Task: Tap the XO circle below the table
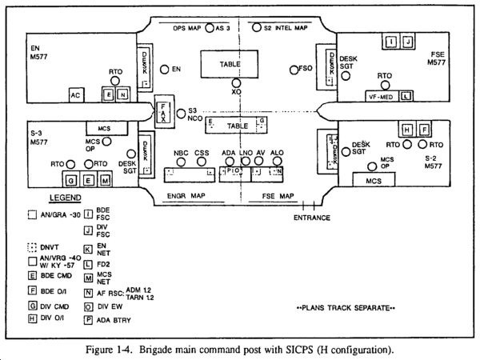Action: pyautogui.click(x=236, y=82)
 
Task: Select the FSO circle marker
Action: pyautogui.click(x=293, y=70)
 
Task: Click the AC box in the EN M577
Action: pyautogui.click(x=76, y=95)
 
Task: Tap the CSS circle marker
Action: pyautogui.click(x=201, y=162)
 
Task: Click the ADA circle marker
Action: pyautogui.click(x=230, y=162)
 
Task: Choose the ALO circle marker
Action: pyautogui.click(x=277, y=162)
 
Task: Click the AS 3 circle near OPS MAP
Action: pyautogui.click(x=210, y=28)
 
